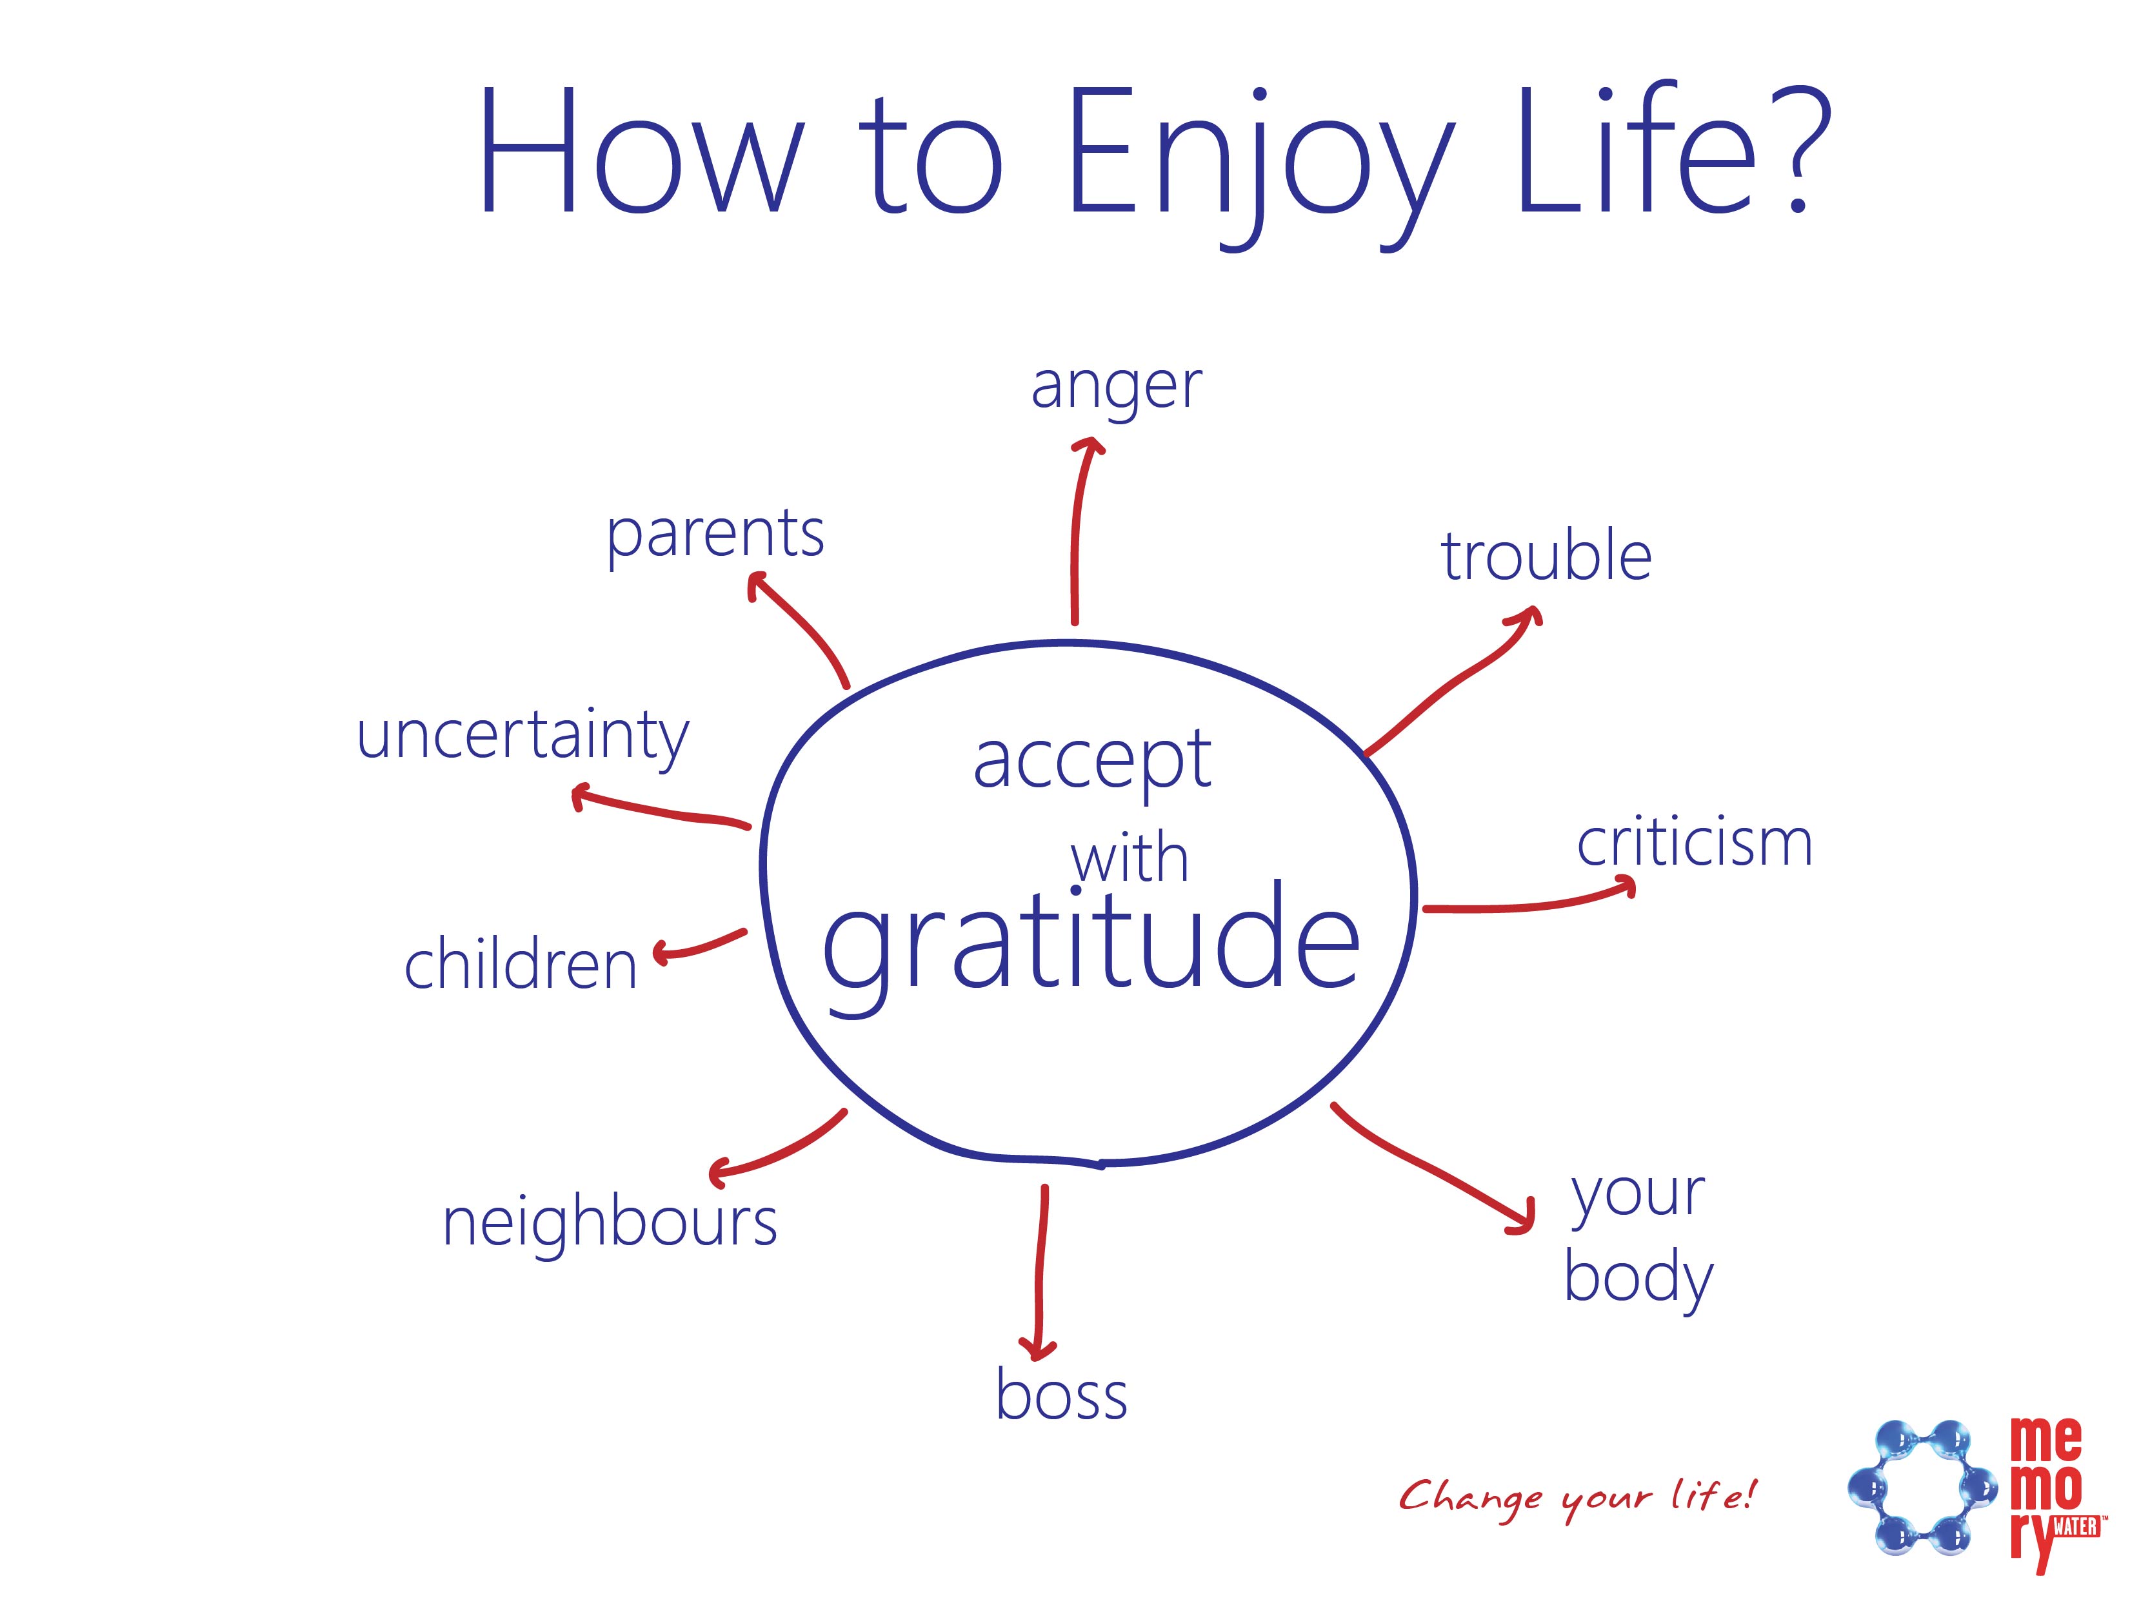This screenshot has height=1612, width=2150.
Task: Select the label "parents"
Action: coord(715,537)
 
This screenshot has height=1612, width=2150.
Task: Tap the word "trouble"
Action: coord(1546,556)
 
